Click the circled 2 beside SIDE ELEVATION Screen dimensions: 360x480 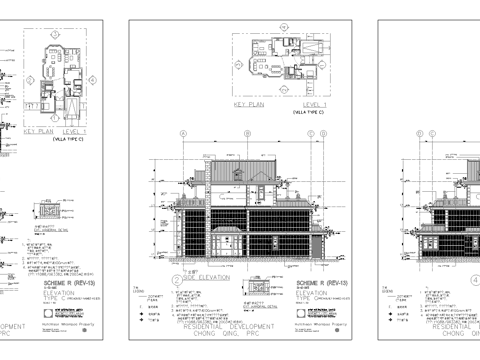click(x=177, y=281)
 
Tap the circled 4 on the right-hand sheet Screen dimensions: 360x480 click(x=475, y=279)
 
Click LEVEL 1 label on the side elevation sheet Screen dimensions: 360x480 click(x=315, y=103)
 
